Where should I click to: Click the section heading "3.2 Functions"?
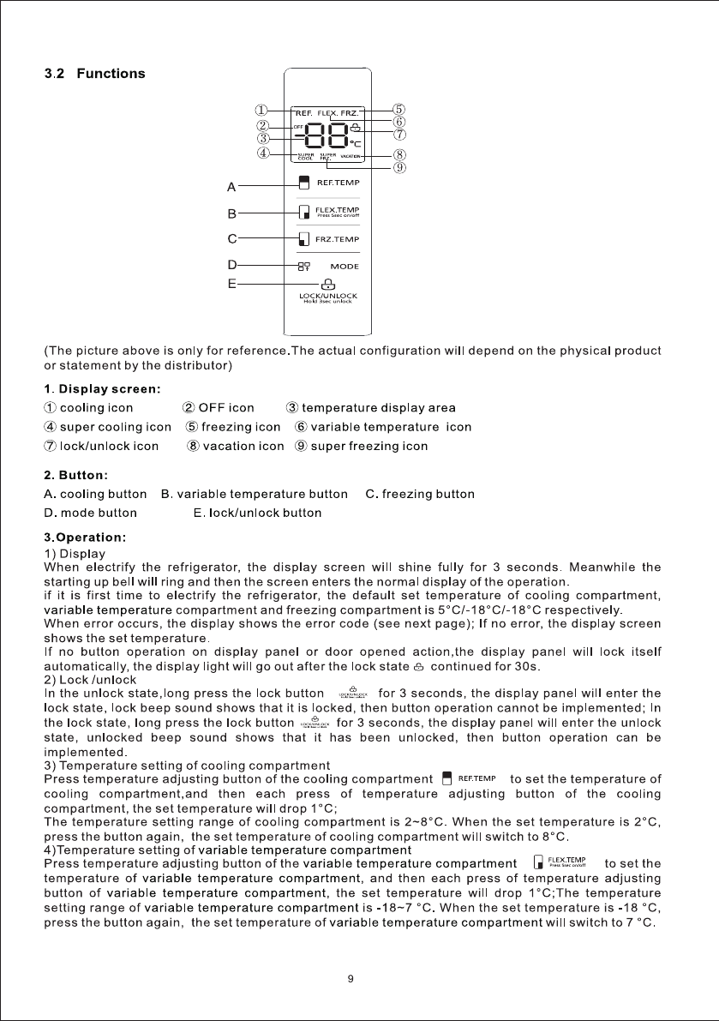point(94,74)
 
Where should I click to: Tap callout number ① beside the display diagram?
point(262,110)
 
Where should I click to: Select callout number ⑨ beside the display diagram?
point(398,168)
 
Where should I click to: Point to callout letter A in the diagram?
point(231,185)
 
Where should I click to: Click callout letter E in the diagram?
point(231,283)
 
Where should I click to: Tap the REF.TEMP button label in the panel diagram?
point(339,183)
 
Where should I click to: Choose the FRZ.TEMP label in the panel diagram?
point(339,239)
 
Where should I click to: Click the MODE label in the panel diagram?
point(345,267)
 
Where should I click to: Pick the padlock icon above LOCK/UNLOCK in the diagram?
point(327,285)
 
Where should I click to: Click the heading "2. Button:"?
point(75,474)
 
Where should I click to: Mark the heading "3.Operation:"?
point(85,538)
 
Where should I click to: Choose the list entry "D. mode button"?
point(90,513)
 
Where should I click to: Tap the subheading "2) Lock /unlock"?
point(90,680)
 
